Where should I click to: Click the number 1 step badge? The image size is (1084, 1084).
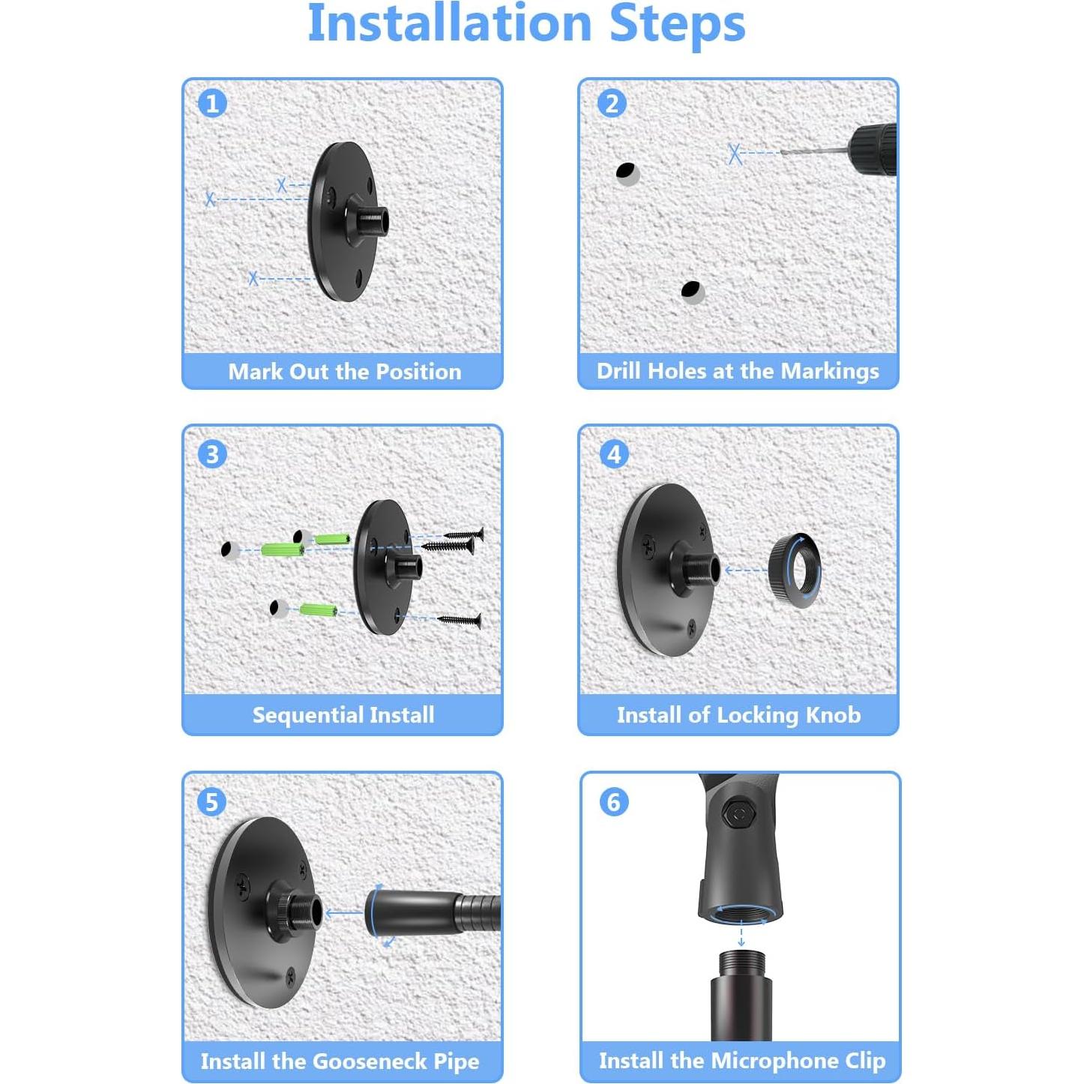pyautogui.click(x=212, y=104)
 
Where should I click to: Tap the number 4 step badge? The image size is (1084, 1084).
pyautogui.click(x=614, y=454)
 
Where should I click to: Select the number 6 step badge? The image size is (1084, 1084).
pyautogui.click(x=614, y=801)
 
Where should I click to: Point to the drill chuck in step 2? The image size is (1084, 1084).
pyautogui.click(x=873, y=150)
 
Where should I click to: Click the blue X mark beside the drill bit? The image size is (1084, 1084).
pyautogui.click(x=735, y=153)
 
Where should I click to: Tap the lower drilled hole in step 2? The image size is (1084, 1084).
pyautogui.click(x=692, y=292)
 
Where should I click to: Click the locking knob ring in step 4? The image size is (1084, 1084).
pyautogui.click(x=795, y=570)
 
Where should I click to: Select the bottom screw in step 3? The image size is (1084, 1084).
pyautogui.click(x=460, y=621)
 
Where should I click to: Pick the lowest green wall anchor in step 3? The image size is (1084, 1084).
pyautogui.click(x=318, y=609)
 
